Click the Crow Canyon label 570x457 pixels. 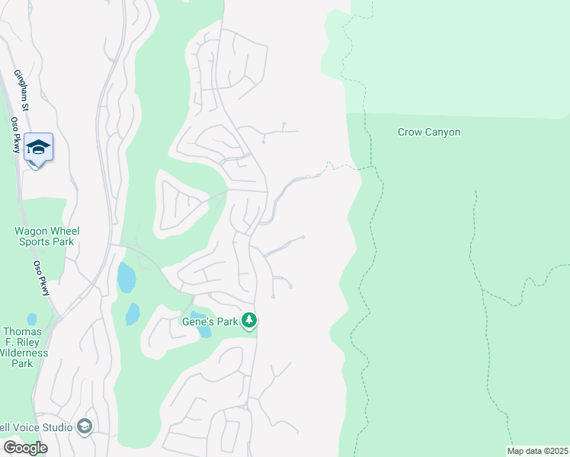(x=429, y=132)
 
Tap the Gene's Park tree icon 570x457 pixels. (x=249, y=321)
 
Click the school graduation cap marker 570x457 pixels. (x=37, y=145)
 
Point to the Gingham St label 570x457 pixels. (x=21, y=91)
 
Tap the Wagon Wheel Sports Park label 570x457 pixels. (x=46, y=236)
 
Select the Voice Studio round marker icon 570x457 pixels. (x=85, y=427)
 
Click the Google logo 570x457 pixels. (x=24, y=447)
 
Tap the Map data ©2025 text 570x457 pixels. (x=536, y=451)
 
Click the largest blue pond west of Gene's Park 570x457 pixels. (x=126, y=278)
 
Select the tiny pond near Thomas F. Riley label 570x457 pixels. (x=31, y=319)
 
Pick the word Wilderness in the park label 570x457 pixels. (x=24, y=353)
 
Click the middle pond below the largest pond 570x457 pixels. (x=133, y=313)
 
